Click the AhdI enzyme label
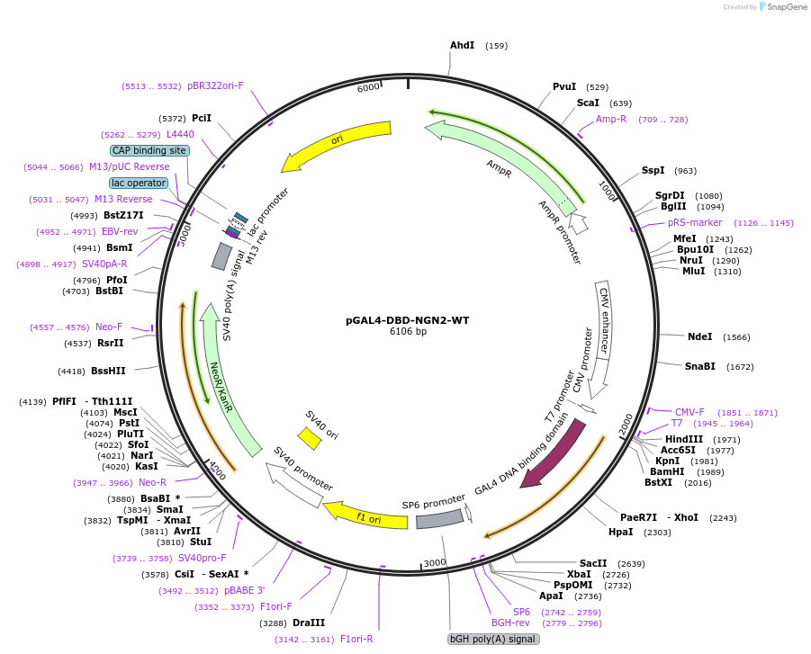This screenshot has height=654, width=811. point(462,45)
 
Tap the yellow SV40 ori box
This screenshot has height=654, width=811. point(310,438)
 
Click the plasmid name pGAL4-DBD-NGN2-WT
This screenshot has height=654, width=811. point(408,320)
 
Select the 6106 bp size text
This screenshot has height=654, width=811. point(408,332)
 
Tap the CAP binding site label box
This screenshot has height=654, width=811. point(150,150)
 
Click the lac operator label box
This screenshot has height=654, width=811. point(139,183)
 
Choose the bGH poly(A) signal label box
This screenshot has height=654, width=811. point(492,639)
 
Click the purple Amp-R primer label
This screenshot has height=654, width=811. point(611,119)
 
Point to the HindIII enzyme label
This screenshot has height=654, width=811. point(684,439)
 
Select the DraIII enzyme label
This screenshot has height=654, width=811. point(309,623)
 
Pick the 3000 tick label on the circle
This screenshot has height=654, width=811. point(435,562)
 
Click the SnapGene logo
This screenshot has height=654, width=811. point(780,7)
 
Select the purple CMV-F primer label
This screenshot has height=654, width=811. point(689,412)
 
